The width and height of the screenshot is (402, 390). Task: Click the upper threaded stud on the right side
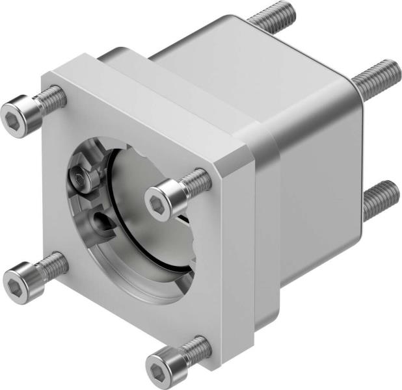(377, 75)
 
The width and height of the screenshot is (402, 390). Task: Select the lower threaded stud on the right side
(379, 198)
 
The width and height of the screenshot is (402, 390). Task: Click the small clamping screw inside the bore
(79, 176)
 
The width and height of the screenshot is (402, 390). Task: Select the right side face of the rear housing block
(319, 175)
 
